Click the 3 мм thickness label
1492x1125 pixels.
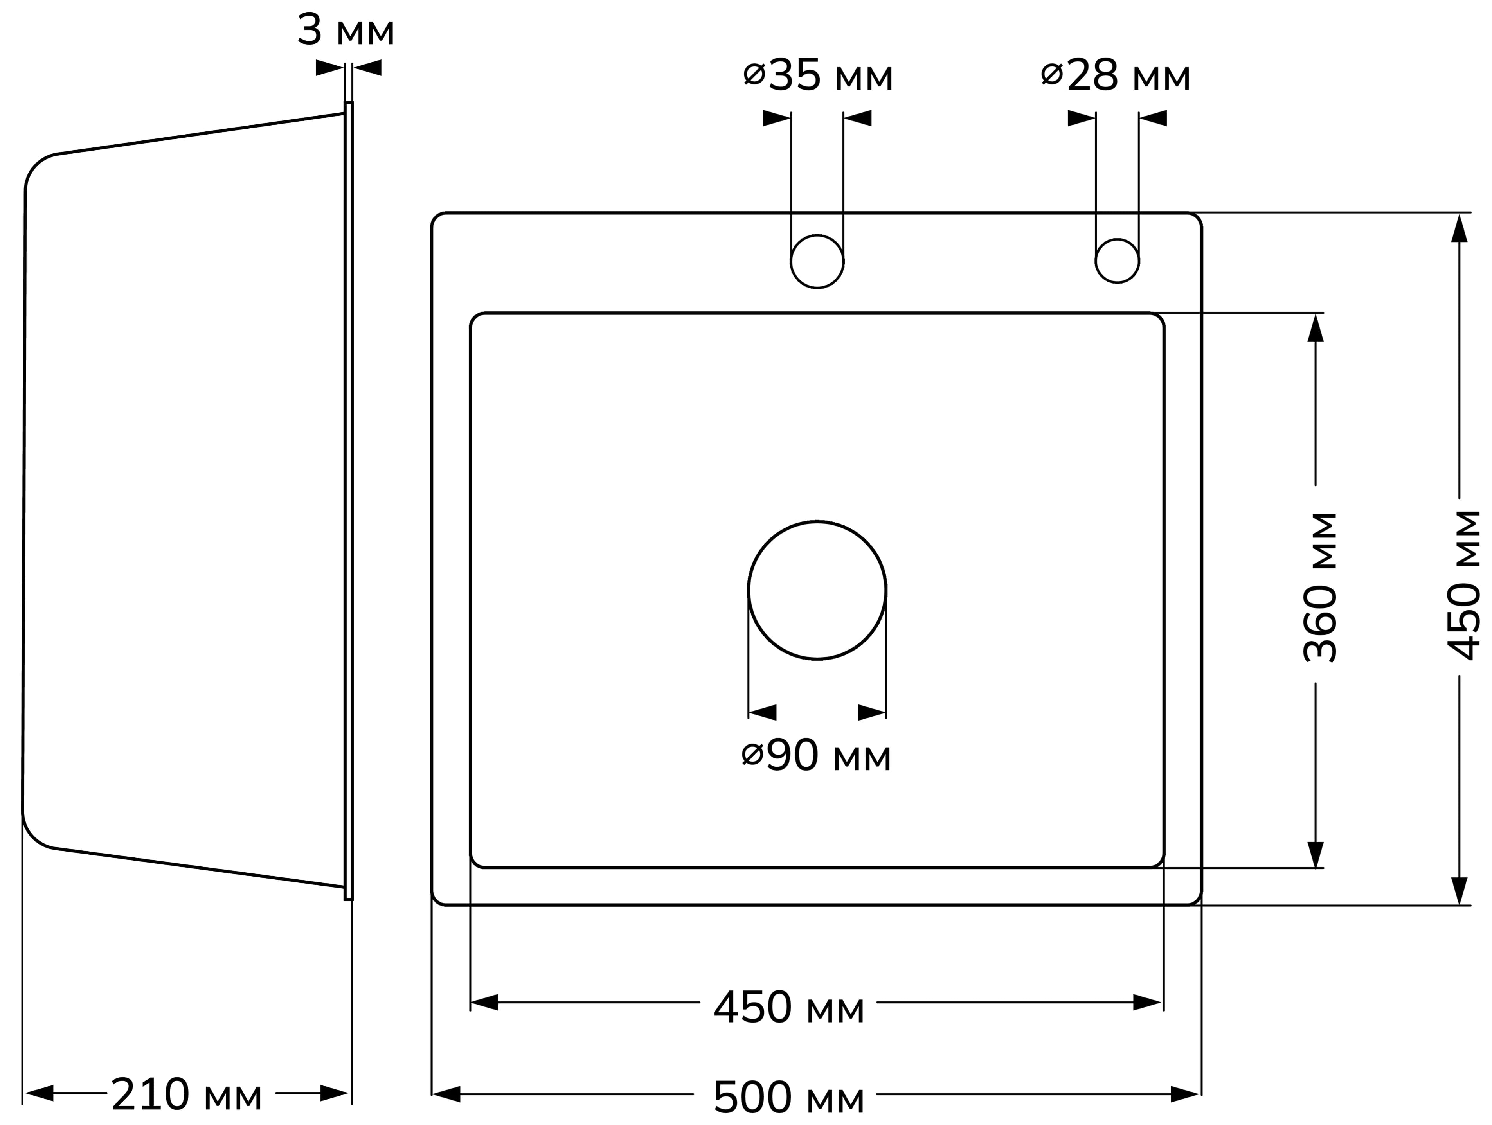coord(346,31)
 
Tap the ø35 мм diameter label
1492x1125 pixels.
coord(818,75)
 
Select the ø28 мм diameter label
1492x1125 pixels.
coord(1116,75)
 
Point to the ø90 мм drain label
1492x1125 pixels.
coord(816,756)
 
